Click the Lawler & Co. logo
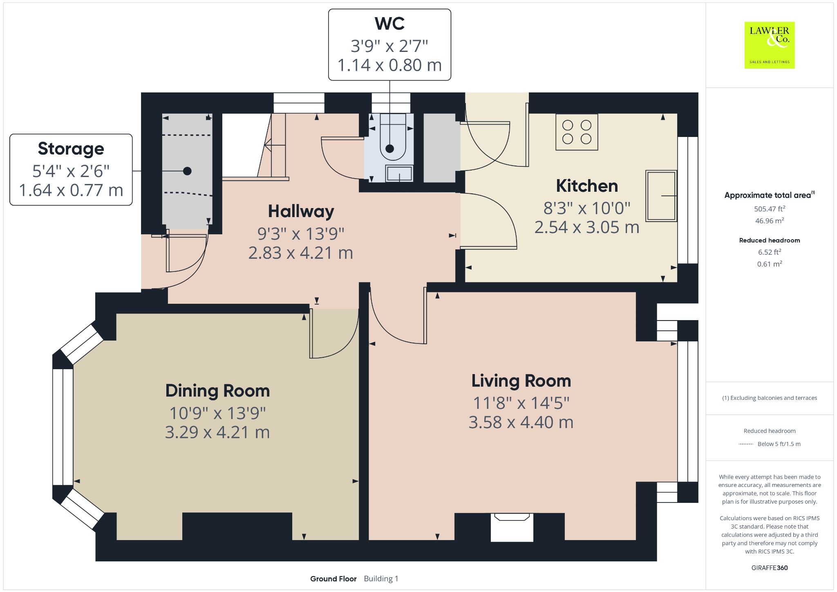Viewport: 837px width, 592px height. pyautogui.click(x=769, y=45)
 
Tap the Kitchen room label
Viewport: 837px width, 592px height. pyautogui.click(x=587, y=186)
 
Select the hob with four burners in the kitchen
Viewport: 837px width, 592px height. pyautogui.click(x=577, y=132)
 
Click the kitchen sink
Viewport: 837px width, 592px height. pyautogui.click(x=661, y=196)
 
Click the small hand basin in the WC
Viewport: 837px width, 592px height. pyautogui.click(x=399, y=173)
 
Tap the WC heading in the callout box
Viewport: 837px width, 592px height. pyautogui.click(x=389, y=24)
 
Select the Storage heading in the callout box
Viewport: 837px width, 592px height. pyautogui.click(x=71, y=149)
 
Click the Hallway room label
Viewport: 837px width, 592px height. pyautogui.click(x=301, y=211)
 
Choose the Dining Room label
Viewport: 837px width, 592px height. pyautogui.click(x=217, y=391)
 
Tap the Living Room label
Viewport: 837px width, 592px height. pyautogui.click(x=521, y=381)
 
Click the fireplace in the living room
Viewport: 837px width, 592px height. pyautogui.click(x=512, y=527)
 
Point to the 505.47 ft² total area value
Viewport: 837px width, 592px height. pyautogui.click(x=770, y=209)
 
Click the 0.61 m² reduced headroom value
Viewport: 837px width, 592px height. pyautogui.click(x=770, y=264)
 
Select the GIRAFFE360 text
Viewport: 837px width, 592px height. pyautogui.click(x=770, y=567)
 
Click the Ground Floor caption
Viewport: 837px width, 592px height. pyautogui.click(x=333, y=579)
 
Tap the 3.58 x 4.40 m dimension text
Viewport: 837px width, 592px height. pyautogui.click(x=521, y=422)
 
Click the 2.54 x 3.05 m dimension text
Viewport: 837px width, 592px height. pyautogui.click(x=587, y=227)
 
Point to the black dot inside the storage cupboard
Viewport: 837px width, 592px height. pyautogui.click(x=187, y=171)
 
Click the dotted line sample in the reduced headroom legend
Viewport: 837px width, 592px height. pyautogui.click(x=746, y=444)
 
